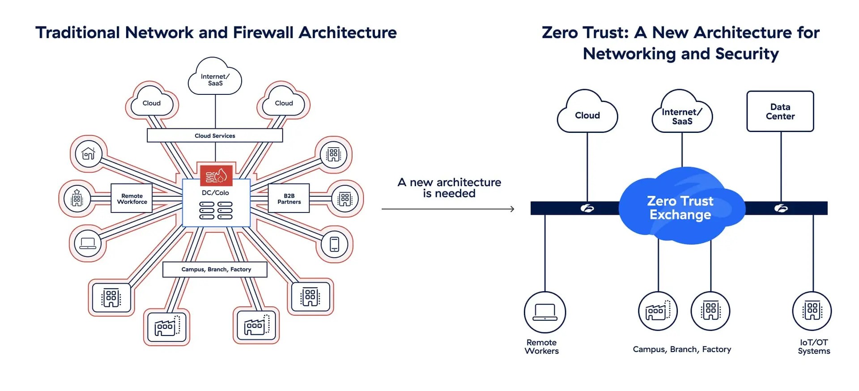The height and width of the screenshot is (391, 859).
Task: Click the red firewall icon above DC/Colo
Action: tap(216, 176)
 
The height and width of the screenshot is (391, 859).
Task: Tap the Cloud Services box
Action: tap(215, 136)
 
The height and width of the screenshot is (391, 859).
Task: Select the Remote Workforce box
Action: tap(132, 198)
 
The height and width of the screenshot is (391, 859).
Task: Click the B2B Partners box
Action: tap(289, 198)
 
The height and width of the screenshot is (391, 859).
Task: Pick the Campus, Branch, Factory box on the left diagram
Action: tap(215, 269)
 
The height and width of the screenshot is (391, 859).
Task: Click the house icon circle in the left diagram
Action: tap(89, 154)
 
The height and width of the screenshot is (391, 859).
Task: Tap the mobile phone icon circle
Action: tap(334, 244)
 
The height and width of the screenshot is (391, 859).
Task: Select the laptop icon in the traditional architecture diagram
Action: tap(88, 243)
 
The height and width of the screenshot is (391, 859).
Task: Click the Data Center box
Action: tap(780, 111)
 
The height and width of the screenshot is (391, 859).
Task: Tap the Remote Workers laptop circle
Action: tap(545, 312)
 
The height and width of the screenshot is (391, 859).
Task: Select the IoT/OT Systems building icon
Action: tap(812, 310)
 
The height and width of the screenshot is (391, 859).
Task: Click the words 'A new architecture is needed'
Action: tap(449, 188)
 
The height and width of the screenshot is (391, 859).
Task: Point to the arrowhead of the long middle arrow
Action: tap(512, 209)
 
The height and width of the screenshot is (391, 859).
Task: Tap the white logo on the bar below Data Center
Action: tap(781, 208)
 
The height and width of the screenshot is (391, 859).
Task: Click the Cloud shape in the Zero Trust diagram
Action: tap(587, 115)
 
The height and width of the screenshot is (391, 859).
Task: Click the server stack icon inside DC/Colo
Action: tap(216, 210)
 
